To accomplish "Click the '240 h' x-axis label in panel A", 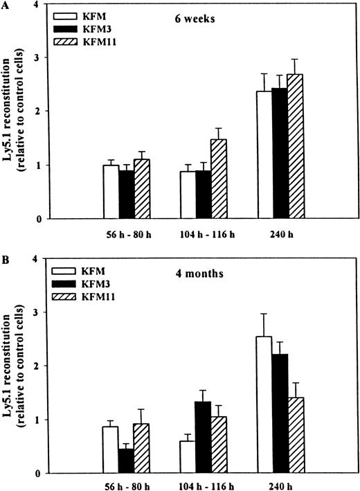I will pos(280,235).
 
